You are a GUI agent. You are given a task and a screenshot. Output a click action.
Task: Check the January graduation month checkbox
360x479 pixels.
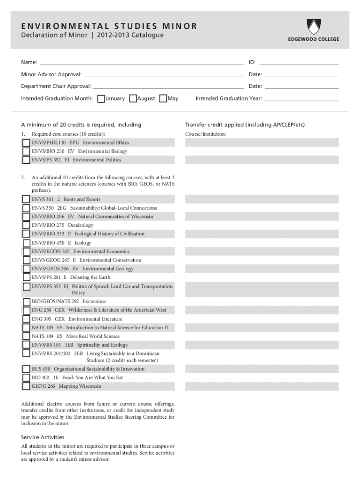tap(101, 99)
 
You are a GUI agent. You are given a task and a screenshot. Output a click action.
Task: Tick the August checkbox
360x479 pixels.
tap(133, 99)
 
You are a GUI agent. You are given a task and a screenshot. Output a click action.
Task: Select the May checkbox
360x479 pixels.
tap(163, 99)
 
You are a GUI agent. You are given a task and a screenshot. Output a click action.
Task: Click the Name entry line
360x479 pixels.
tap(140, 62)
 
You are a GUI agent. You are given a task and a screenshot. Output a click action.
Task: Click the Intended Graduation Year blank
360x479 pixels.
tap(301, 99)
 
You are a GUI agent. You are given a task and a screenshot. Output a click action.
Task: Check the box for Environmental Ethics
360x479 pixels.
tap(26, 143)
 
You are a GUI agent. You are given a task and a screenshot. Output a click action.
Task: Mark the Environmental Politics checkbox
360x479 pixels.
tap(26, 160)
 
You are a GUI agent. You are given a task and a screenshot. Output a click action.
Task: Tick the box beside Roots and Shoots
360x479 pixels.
tap(26, 199)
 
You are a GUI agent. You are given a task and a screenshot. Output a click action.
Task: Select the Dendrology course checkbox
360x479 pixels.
tap(26, 225)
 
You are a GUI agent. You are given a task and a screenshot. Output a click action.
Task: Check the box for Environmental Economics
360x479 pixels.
tap(26, 252)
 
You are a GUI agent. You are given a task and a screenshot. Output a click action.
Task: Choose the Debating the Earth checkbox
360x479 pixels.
tap(26, 278)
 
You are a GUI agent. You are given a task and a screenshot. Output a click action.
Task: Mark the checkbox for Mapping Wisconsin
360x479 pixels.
tap(26, 386)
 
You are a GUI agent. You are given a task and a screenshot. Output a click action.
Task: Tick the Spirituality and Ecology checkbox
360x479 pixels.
tap(26, 345)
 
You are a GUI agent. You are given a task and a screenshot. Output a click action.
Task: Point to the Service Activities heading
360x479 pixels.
tap(43, 437)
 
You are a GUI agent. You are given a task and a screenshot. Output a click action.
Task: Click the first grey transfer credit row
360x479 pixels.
tap(262, 143)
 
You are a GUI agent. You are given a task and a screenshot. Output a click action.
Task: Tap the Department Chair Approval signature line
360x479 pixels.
tap(168, 87)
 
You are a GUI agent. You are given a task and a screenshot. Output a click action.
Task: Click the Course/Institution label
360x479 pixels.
tap(206, 134)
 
